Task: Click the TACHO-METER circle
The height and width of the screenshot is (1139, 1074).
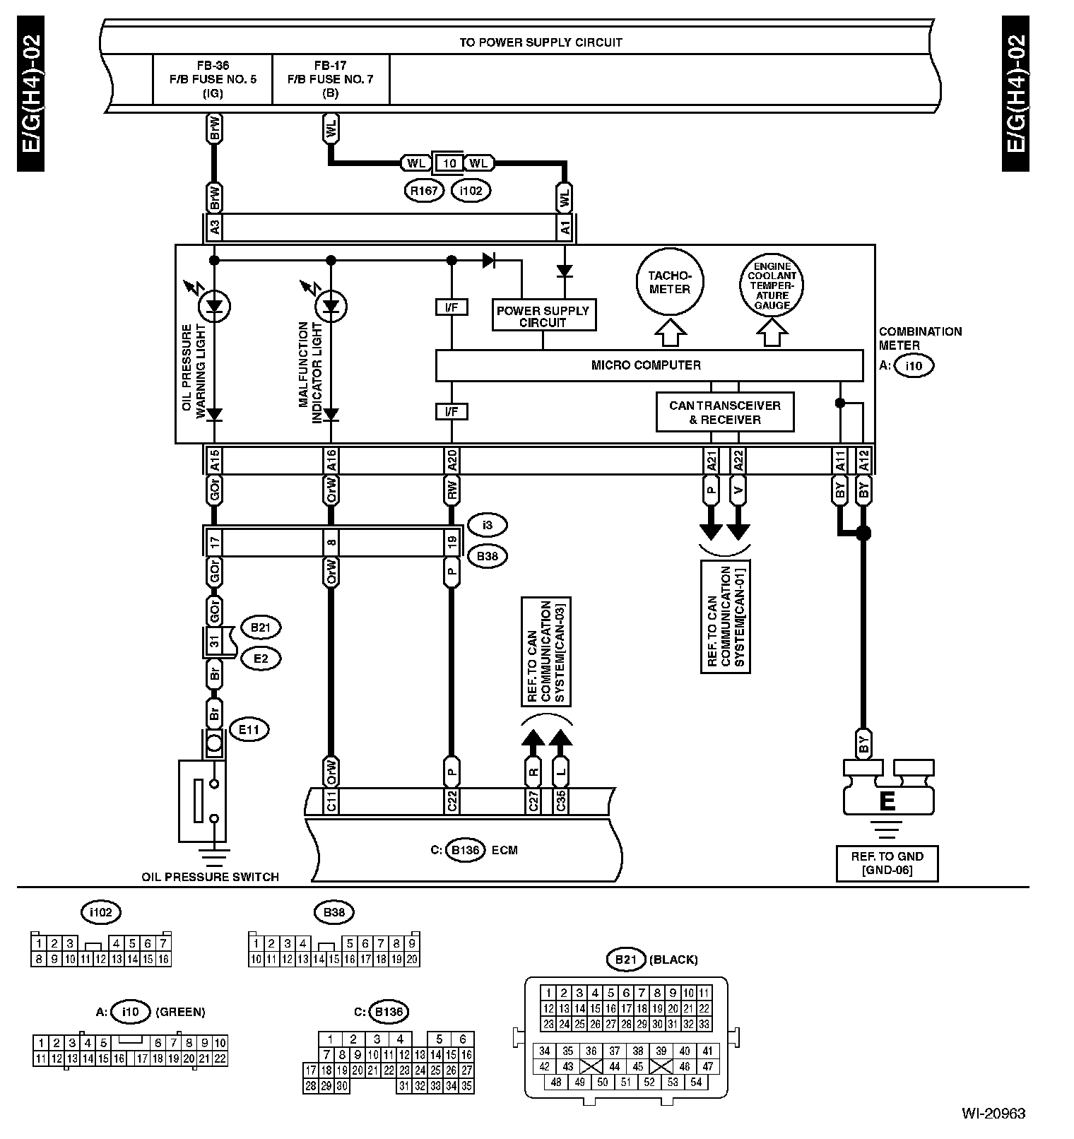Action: pos(670,281)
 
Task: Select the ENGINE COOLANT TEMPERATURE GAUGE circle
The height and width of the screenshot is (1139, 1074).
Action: pos(772,285)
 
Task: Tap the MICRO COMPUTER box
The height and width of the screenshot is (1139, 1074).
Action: pos(649,365)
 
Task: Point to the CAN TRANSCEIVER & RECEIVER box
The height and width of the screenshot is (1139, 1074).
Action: pos(724,413)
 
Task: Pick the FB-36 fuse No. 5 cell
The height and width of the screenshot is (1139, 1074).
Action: pos(213,79)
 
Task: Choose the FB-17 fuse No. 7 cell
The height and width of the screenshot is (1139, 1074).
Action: pos(331,79)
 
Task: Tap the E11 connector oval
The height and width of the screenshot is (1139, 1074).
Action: pos(249,730)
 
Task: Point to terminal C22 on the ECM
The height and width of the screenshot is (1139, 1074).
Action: pos(452,801)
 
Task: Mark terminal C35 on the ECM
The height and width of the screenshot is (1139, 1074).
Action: pos(560,801)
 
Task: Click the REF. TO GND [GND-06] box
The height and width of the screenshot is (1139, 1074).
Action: pos(887,863)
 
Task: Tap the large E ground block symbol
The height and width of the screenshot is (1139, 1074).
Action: pos(888,789)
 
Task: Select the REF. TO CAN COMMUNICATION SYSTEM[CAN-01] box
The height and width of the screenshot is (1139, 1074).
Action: pos(725,617)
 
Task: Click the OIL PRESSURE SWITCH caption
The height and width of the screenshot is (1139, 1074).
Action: pos(211,877)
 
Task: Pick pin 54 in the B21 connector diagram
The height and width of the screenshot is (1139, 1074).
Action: pos(696,1082)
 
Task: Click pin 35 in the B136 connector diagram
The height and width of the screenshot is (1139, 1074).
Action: pos(466,1086)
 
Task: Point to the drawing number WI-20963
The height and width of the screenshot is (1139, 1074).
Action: pos(993,1114)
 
